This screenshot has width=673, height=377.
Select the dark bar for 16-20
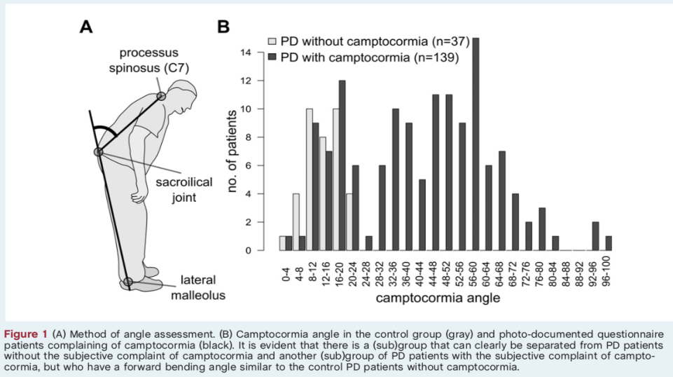click(342, 165)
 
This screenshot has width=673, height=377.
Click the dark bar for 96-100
click(609, 243)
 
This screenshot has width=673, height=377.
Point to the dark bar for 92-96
click(595, 236)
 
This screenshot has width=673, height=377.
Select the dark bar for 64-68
click(502, 201)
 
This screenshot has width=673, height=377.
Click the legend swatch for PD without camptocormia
click(274, 42)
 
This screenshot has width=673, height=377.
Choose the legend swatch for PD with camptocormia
click(274, 57)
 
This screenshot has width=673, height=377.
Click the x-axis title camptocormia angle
click(438, 299)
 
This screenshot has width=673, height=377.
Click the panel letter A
click(86, 27)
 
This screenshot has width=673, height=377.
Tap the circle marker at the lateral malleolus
click(127, 282)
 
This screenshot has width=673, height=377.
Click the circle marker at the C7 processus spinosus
click(162, 95)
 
